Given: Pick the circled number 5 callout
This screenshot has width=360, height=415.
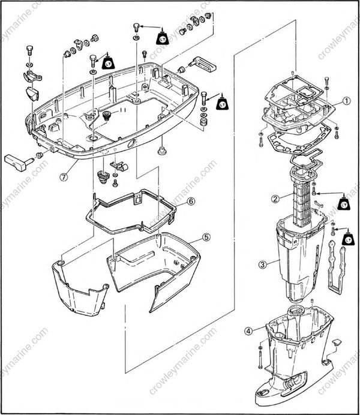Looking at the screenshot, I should (206, 237).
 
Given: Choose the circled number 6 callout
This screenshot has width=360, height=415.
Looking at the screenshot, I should (191, 202).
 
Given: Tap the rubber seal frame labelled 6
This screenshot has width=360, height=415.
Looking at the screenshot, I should (132, 210).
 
